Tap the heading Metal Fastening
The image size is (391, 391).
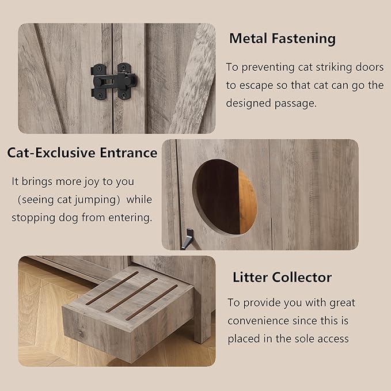pyautogui.click(x=282, y=39)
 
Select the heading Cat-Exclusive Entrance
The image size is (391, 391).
pyautogui.click(x=82, y=153)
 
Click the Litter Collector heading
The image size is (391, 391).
pyautogui.click(x=282, y=277)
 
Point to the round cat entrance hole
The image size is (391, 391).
pyautogui.click(x=225, y=197)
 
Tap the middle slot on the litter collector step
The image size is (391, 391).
pyautogui.click(x=131, y=295)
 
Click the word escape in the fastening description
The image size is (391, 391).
pyautogui.click(x=256, y=86)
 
